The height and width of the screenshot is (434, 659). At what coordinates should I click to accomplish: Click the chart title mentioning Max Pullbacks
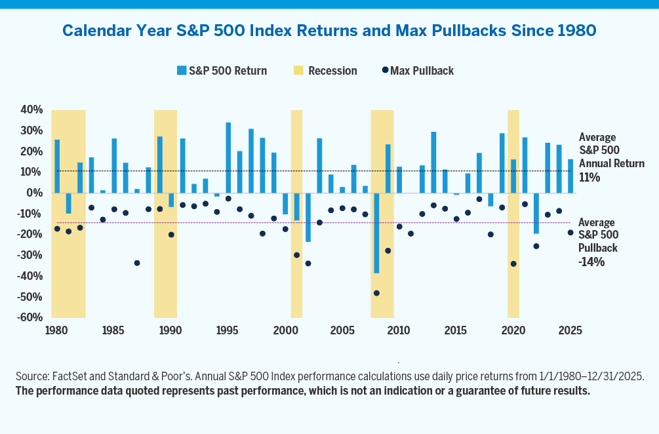point(329,30)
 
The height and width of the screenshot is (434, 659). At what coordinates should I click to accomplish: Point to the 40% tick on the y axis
point(31,110)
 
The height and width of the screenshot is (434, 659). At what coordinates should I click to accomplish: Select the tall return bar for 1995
point(228,157)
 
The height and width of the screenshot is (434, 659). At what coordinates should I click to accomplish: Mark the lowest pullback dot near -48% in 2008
point(376,293)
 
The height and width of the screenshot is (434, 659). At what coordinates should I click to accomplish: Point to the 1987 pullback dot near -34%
point(137,263)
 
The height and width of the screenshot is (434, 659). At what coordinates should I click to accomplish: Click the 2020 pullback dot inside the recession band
point(513,264)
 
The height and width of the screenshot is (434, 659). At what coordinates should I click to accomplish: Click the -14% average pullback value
point(591,262)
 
